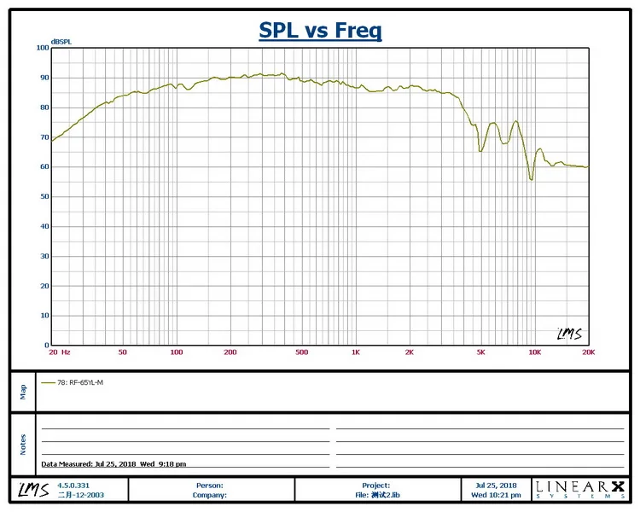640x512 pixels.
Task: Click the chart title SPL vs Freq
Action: pyautogui.click(x=320, y=32)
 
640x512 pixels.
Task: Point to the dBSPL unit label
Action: pyautogui.click(x=61, y=41)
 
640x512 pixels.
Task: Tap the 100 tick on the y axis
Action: pyautogui.click(x=43, y=48)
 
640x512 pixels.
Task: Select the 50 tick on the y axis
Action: pyautogui.click(x=44, y=196)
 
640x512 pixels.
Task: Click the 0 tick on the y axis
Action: pyautogui.click(x=46, y=345)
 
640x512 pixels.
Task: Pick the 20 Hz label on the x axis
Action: pyautogui.click(x=60, y=352)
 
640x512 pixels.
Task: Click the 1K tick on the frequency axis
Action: pyautogui.click(x=355, y=352)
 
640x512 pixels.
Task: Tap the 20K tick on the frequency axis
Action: pyautogui.click(x=587, y=352)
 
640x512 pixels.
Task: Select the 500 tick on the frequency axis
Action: pyautogui.click(x=301, y=352)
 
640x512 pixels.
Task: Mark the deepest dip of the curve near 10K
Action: pyautogui.click(x=532, y=179)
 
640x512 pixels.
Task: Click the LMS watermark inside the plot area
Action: pyautogui.click(x=569, y=334)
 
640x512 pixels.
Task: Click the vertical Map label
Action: pyautogui.click(x=23, y=391)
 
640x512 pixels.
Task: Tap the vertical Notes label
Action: pyautogui.click(x=23, y=444)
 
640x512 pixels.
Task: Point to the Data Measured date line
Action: pyautogui.click(x=113, y=464)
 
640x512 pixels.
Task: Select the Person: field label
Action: pyautogui.click(x=210, y=486)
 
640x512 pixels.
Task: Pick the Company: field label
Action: pyautogui.click(x=209, y=495)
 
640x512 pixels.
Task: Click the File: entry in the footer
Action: pyautogui.click(x=375, y=495)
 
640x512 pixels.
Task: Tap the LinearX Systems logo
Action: pyautogui.click(x=579, y=489)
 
